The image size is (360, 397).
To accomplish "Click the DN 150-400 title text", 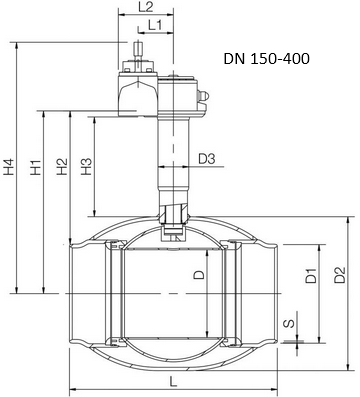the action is (267, 59).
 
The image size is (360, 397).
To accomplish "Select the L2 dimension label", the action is (146, 7).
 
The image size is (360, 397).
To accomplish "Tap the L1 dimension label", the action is (155, 25).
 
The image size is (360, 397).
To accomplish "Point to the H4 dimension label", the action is (10, 166).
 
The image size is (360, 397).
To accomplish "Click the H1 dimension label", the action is (36, 167).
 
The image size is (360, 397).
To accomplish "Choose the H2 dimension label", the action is (62, 166).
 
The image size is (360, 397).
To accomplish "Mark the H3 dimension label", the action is (86, 166).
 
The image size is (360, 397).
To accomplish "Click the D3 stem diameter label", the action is (207, 159).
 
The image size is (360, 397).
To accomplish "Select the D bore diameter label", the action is (199, 274).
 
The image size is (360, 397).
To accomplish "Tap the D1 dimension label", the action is (311, 275).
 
